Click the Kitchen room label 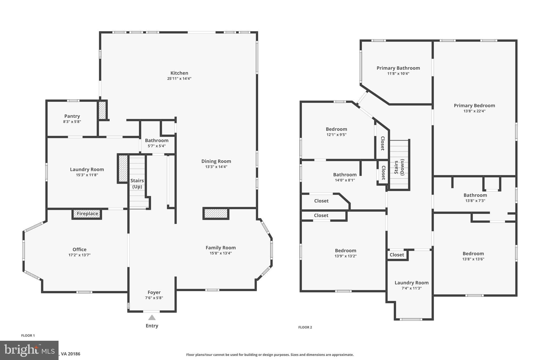pyautogui.click(x=179, y=73)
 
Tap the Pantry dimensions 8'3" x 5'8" pyautogui.click(x=72, y=122)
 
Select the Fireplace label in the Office pyautogui.click(x=87, y=214)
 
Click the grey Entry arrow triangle pyautogui.click(x=152, y=318)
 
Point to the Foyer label pyautogui.click(x=154, y=292)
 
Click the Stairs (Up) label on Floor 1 pyautogui.click(x=137, y=184)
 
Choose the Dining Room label pyautogui.click(x=216, y=161)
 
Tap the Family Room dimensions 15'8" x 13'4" pyautogui.click(x=220, y=253)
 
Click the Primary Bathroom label pyautogui.click(x=398, y=68)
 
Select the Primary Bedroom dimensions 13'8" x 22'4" pyautogui.click(x=474, y=111)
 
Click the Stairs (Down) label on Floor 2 pyautogui.click(x=399, y=167)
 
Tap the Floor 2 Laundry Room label pyautogui.click(x=411, y=283)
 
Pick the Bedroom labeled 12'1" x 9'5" pyautogui.click(x=336, y=129)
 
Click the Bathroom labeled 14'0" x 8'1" pyautogui.click(x=345, y=175)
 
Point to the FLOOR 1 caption pyautogui.click(x=28, y=335)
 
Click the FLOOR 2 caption pyautogui.click(x=305, y=327)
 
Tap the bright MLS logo pyautogui.click(x=29, y=350)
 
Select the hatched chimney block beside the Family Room pyautogui.click(x=216, y=213)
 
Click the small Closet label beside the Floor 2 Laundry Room pyautogui.click(x=397, y=255)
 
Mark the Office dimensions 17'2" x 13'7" pyautogui.click(x=79, y=255)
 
